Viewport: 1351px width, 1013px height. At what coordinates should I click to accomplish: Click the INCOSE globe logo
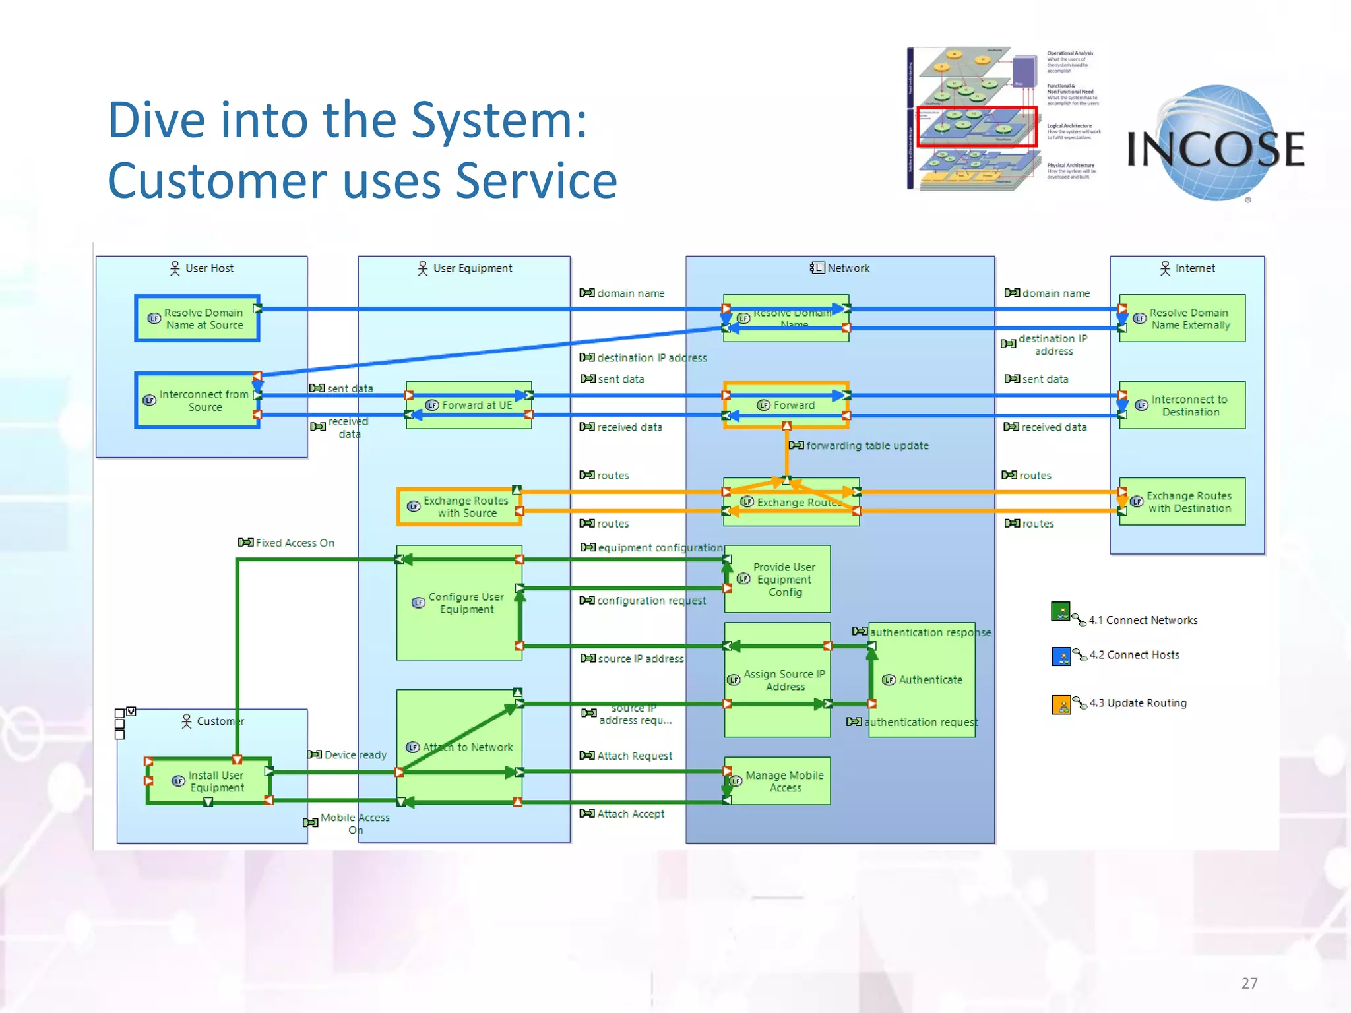pos(1216,145)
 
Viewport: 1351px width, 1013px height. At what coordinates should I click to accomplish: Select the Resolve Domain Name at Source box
pos(197,319)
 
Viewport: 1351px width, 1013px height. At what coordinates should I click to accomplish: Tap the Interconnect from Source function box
pos(197,400)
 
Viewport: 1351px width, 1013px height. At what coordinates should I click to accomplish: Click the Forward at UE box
pos(469,405)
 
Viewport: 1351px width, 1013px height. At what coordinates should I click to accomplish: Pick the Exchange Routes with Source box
pos(460,506)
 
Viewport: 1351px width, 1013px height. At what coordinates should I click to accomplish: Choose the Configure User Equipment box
pos(459,603)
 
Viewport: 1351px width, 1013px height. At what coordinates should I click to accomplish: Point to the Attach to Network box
pos(460,747)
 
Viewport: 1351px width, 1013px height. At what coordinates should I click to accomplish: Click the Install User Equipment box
pos(209,782)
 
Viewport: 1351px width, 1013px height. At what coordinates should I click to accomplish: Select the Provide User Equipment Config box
pos(777,579)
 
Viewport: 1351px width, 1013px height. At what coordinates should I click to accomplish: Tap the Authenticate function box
pos(922,680)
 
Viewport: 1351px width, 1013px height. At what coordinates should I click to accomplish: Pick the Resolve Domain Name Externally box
pos(1182,319)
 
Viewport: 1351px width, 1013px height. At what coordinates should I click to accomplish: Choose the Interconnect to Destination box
pos(1182,405)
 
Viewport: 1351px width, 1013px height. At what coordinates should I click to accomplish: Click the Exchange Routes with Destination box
pos(1182,502)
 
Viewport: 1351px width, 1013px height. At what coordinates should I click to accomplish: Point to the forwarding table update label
pos(866,446)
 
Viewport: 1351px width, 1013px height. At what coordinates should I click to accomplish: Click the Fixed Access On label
pos(294,543)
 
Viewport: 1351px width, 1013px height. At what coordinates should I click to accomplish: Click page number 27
pos(1249,983)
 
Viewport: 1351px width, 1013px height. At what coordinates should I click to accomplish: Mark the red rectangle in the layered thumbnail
pos(976,127)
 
